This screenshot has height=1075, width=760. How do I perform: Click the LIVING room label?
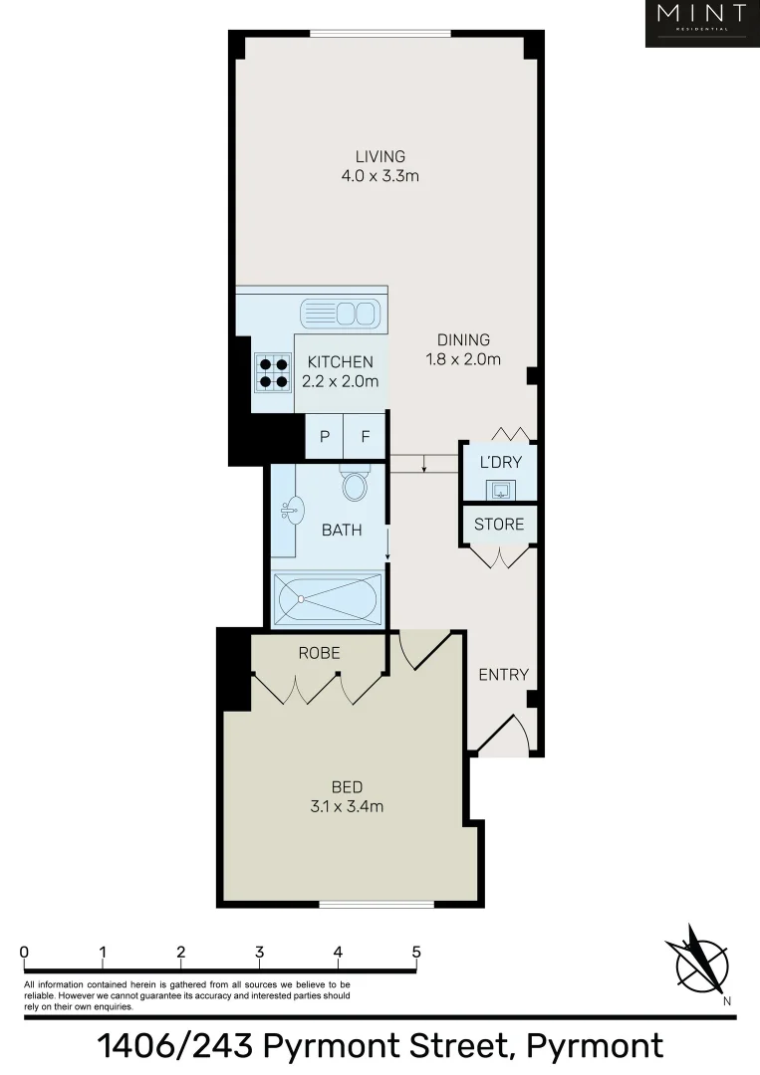tap(380, 156)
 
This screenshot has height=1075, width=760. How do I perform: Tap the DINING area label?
tap(463, 340)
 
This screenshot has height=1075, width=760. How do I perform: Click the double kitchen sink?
tap(340, 313)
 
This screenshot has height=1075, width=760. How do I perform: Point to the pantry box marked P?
tap(324, 436)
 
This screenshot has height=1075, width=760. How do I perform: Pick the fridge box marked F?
tap(365, 436)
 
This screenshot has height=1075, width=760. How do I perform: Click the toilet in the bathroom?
tap(354, 484)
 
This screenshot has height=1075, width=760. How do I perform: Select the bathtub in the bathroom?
tap(328, 600)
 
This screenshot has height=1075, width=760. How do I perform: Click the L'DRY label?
tap(500, 462)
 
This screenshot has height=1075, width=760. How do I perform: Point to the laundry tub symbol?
tap(500, 489)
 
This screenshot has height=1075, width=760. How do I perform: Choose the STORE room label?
tap(499, 524)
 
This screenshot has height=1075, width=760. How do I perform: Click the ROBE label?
tap(320, 653)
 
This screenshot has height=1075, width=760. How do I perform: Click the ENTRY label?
tap(503, 674)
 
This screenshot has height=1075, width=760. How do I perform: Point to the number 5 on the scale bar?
tap(416, 952)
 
